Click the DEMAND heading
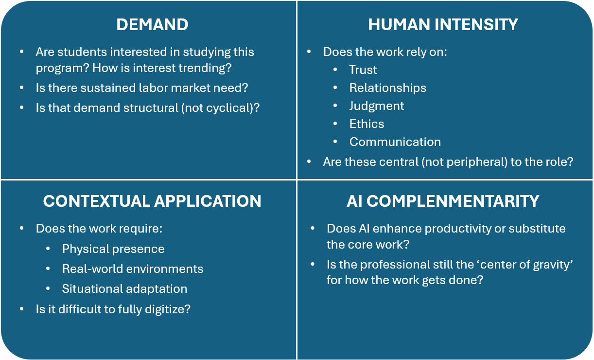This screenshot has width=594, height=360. (x=152, y=25)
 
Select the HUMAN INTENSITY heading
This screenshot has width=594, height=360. (x=443, y=25)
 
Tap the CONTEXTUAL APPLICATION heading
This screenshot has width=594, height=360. (x=152, y=201)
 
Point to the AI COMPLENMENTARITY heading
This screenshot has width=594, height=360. (x=443, y=201)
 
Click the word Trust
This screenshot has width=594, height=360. (x=363, y=70)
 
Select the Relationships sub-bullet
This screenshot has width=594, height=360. (x=387, y=88)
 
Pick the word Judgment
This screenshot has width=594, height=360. (x=376, y=106)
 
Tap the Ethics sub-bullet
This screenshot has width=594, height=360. (x=367, y=124)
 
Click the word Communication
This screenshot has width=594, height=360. (x=395, y=142)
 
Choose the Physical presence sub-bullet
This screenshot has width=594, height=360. (x=113, y=249)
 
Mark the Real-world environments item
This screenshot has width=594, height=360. (x=132, y=269)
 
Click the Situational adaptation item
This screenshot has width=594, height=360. (x=124, y=289)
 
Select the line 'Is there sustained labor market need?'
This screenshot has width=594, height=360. (x=141, y=88)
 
